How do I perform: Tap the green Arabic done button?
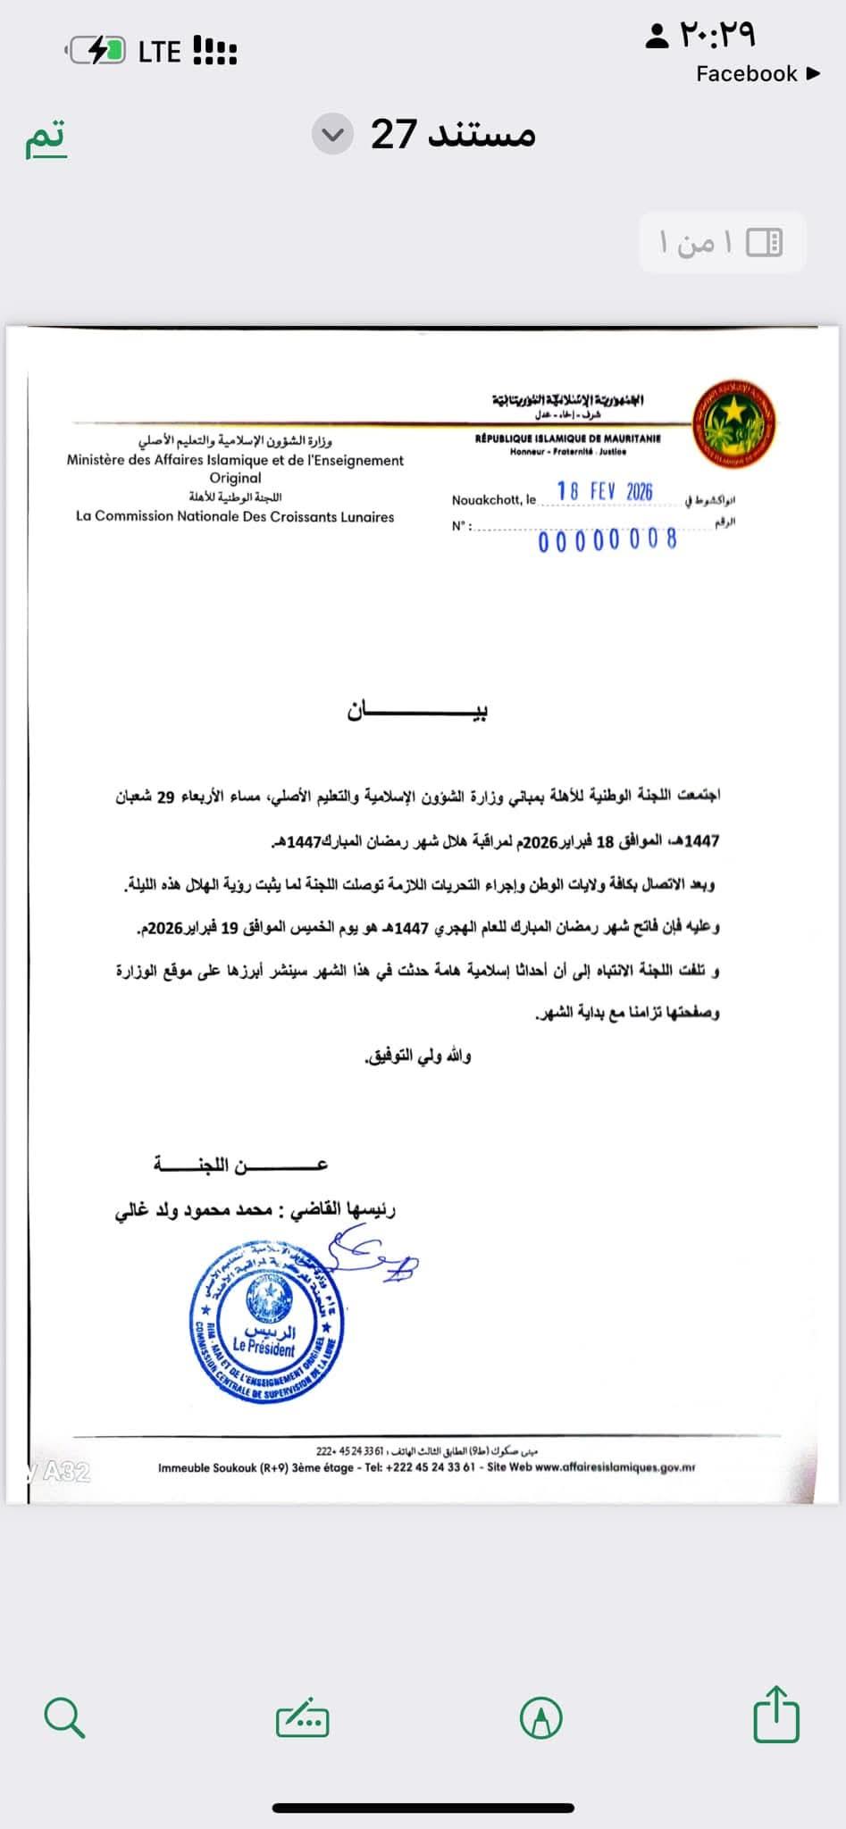pyautogui.click(x=46, y=137)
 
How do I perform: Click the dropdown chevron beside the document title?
pyautogui.click(x=332, y=135)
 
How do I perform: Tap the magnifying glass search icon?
pyautogui.click(x=64, y=1717)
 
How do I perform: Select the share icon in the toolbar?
pyautogui.click(x=775, y=1714)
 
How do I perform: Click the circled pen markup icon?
pyautogui.click(x=540, y=1717)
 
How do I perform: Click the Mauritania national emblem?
pyautogui.click(x=734, y=424)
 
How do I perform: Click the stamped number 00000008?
pyautogui.click(x=607, y=540)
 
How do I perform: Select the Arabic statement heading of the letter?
pyautogui.click(x=417, y=712)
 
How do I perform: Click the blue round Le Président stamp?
pyautogui.click(x=266, y=1323)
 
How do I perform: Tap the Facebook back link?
pyautogui.click(x=757, y=74)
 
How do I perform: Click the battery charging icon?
pyautogui.click(x=97, y=52)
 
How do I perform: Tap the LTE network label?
pyautogui.click(x=159, y=52)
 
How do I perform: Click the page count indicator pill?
pyautogui.click(x=722, y=242)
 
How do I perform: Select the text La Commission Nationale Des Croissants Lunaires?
pyautogui.click(x=235, y=516)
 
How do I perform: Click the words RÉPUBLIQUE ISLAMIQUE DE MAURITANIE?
pyautogui.click(x=568, y=438)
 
